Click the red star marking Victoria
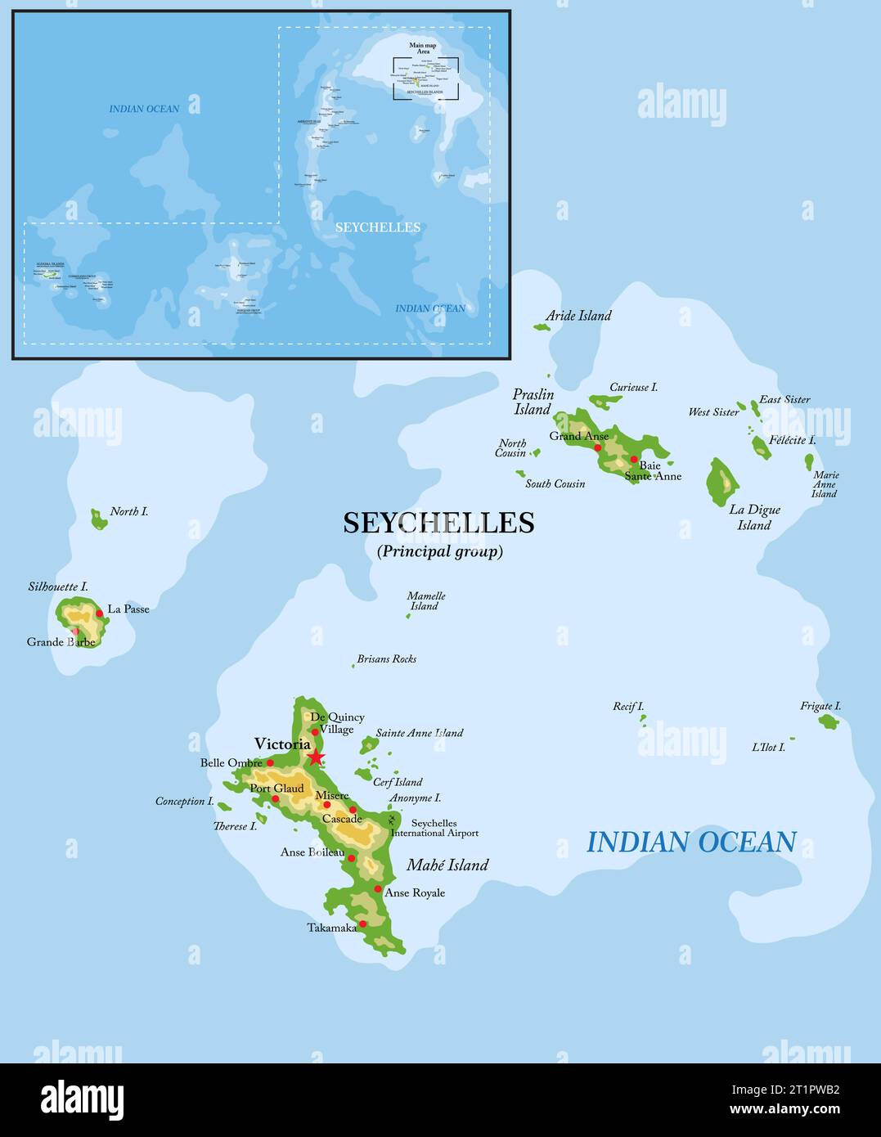coord(316,757)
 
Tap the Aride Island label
coord(578,316)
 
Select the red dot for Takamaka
coord(362,924)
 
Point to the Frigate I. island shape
coord(829,721)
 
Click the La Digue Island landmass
coord(722,481)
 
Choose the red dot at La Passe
coord(100,613)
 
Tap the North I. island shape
coord(99,519)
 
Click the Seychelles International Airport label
coord(434,828)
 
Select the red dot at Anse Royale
coord(378,888)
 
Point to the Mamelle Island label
coord(425,601)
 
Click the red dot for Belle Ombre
coord(270,763)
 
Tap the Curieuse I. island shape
coord(606,402)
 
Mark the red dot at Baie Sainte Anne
coord(633,459)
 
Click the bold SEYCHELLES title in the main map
coord(438,523)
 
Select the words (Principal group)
coord(439,551)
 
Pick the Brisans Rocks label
coord(386,658)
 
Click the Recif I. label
coord(628,706)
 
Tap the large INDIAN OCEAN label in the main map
coord(691,842)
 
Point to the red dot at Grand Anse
coord(597,447)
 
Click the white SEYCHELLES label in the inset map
coord(378,227)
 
